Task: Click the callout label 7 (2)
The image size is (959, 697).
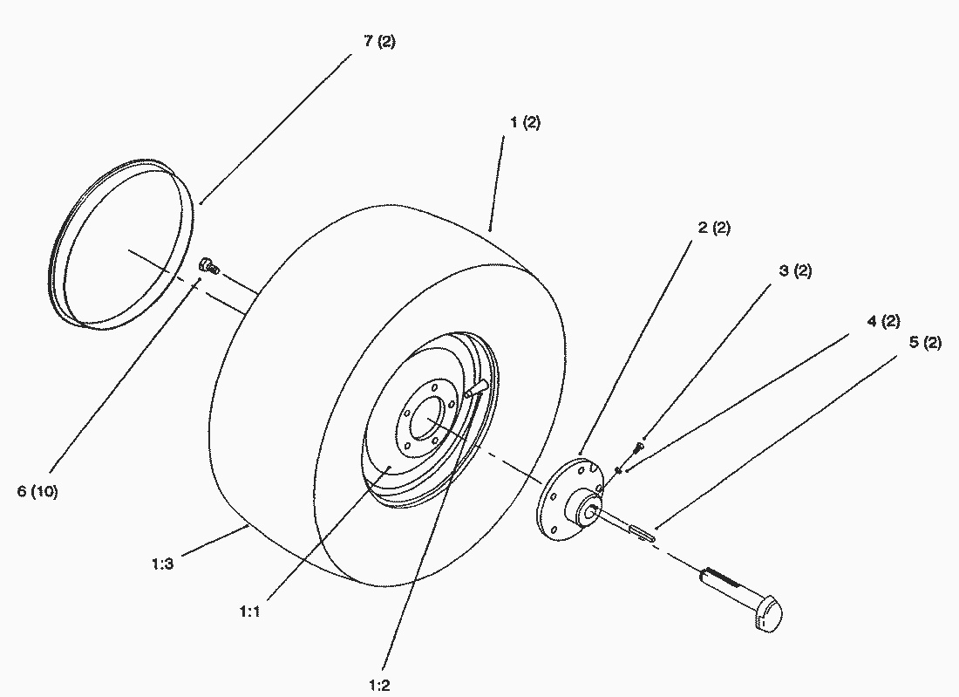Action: (379, 41)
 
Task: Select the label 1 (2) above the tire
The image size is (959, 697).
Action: (524, 122)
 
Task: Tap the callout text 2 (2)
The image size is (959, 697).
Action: (714, 228)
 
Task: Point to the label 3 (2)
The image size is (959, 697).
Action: (794, 270)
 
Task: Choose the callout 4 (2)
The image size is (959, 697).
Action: (883, 321)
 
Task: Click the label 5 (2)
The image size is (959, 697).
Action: (925, 343)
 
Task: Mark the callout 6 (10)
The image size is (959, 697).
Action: (37, 491)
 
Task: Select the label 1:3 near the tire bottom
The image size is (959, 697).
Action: (161, 564)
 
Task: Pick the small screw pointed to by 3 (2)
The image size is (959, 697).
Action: (637, 448)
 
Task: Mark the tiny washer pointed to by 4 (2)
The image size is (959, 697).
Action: (617, 470)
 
